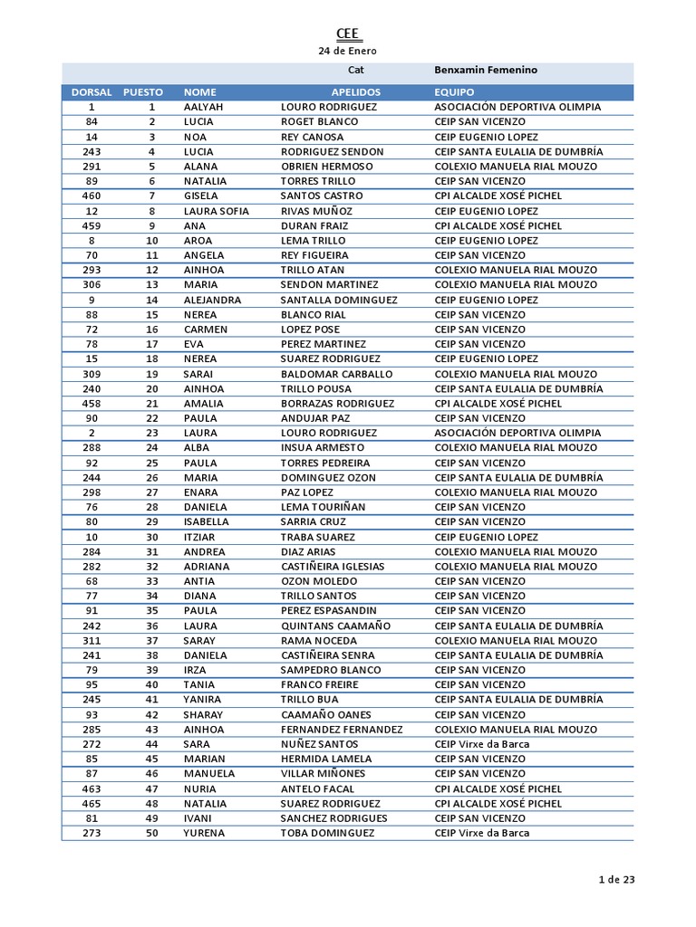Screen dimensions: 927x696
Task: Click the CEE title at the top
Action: pyautogui.click(x=347, y=33)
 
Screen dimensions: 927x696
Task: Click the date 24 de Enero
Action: pyautogui.click(x=347, y=51)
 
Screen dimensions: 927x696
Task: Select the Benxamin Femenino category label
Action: pyautogui.click(x=486, y=70)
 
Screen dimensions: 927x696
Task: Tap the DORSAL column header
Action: pyautogui.click(x=92, y=92)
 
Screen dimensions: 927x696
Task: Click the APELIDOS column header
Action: pyautogui.click(x=356, y=92)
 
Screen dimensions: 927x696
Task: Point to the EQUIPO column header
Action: pyautogui.click(x=455, y=92)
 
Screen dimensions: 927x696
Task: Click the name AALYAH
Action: pyautogui.click(x=203, y=107)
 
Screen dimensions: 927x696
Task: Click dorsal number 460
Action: pyautogui.click(x=92, y=196)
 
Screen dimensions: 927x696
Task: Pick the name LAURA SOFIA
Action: pyautogui.click(x=216, y=211)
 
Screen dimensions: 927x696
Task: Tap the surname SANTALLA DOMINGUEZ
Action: pyautogui.click(x=339, y=300)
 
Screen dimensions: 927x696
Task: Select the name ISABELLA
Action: pyautogui.click(x=208, y=522)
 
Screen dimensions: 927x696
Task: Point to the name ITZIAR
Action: pyautogui.click(x=200, y=537)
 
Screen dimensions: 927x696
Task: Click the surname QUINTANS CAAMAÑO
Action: pyautogui.click(x=335, y=626)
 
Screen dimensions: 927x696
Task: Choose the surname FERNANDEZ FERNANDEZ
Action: pyautogui.click(x=342, y=730)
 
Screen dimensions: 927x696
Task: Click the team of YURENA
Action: pyautogui.click(x=482, y=833)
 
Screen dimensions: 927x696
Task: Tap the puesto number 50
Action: pyautogui.click(x=152, y=833)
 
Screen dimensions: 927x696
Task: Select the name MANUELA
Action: pyautogui.click(x=209, y=774)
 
